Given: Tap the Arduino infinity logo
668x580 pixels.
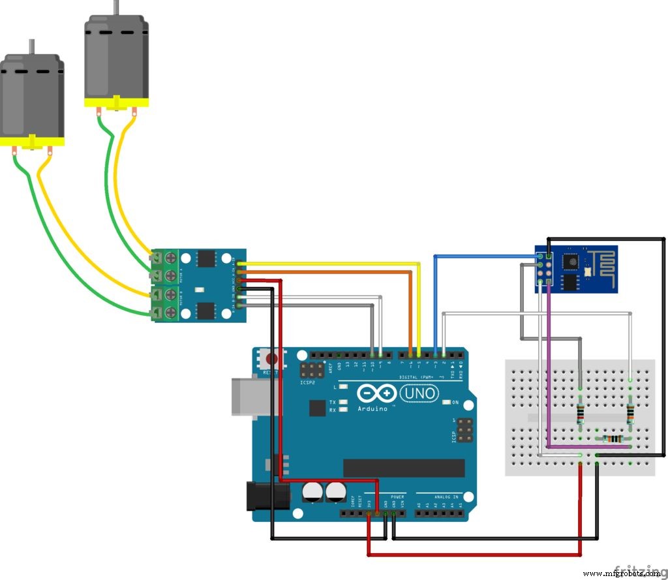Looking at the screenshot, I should pyautogui.click(x=377, y=393).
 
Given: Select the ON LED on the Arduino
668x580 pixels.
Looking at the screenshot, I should pyautogui.click(x=446, y=403).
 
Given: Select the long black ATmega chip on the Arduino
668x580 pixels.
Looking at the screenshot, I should pyautogui.click(x=404, y=467).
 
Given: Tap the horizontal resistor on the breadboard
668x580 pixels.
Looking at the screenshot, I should pyautogui.click(x=614, y=438).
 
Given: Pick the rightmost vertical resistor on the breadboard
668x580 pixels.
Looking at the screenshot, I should pyautogui.click(x=630, y=414).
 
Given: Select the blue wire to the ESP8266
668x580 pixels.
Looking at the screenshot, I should pyautogui.click(x=483, y=256).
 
